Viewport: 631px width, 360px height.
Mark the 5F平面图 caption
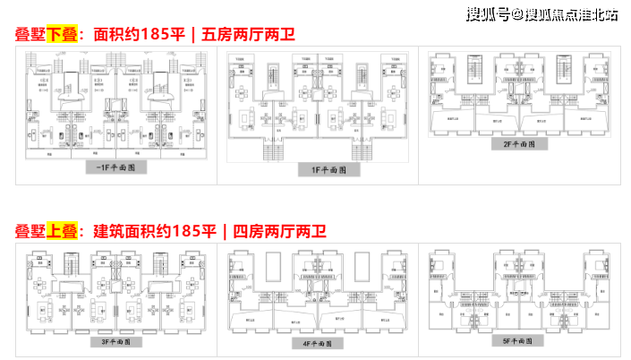[x=517, y=341]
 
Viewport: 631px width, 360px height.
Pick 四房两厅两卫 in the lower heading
[x=280, y=231]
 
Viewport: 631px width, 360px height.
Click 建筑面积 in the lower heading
[x=124, y=231]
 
